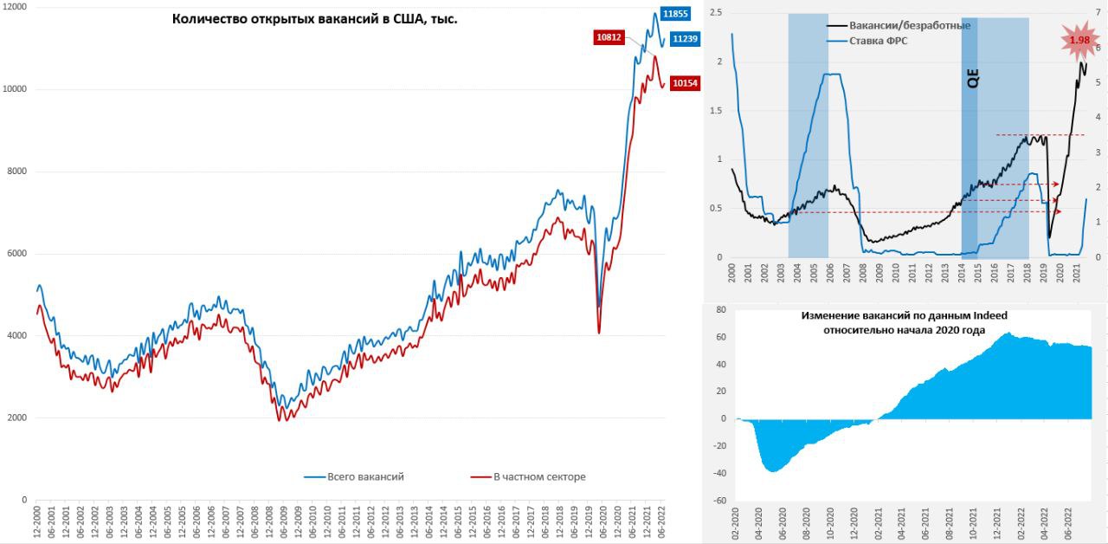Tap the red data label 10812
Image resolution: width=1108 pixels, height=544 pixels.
click(609, 37)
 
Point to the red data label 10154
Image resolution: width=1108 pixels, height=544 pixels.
click(685, 83)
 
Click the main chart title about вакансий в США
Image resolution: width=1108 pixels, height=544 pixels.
click(315, 18)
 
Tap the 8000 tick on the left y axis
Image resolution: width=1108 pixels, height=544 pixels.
click(16, 172)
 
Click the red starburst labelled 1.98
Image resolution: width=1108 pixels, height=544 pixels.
click(1079, 41)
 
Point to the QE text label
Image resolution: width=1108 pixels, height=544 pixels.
click(971, 78)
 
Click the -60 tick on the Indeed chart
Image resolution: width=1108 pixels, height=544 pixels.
click(717, 501)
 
